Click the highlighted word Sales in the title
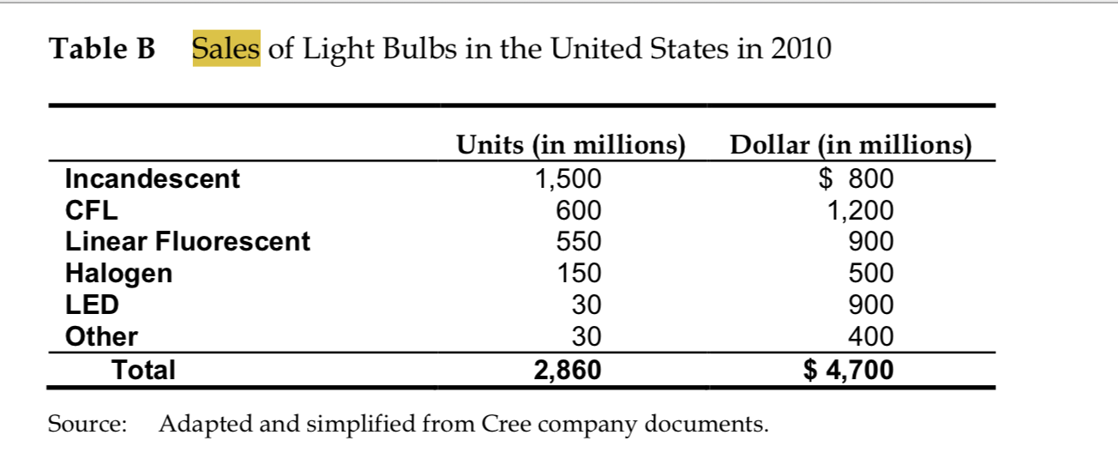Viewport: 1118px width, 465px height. (x=226, y=49)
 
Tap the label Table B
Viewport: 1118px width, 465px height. (x=104, y=49)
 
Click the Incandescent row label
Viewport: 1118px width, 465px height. (x=153, y=178)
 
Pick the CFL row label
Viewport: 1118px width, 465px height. (x=92, y=210)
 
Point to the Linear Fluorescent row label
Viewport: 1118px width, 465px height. (x=188, y=242)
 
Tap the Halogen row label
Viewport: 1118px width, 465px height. (x=119, y=274)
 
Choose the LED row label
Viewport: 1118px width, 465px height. (x=92, y=305)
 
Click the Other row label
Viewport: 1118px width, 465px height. (x=101, y=336)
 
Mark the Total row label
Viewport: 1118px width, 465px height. (x=144, y=370)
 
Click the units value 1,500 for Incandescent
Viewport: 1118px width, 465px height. (x=568, y=178)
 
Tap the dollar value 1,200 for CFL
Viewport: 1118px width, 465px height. (x=860, y=210)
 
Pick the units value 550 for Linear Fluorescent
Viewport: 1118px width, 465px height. (x=579, y=242)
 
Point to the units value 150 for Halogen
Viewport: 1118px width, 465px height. (x=579, y=274)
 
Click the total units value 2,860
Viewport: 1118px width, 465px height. (x=568, y=370)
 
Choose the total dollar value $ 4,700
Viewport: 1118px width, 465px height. (x=849, y=370)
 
